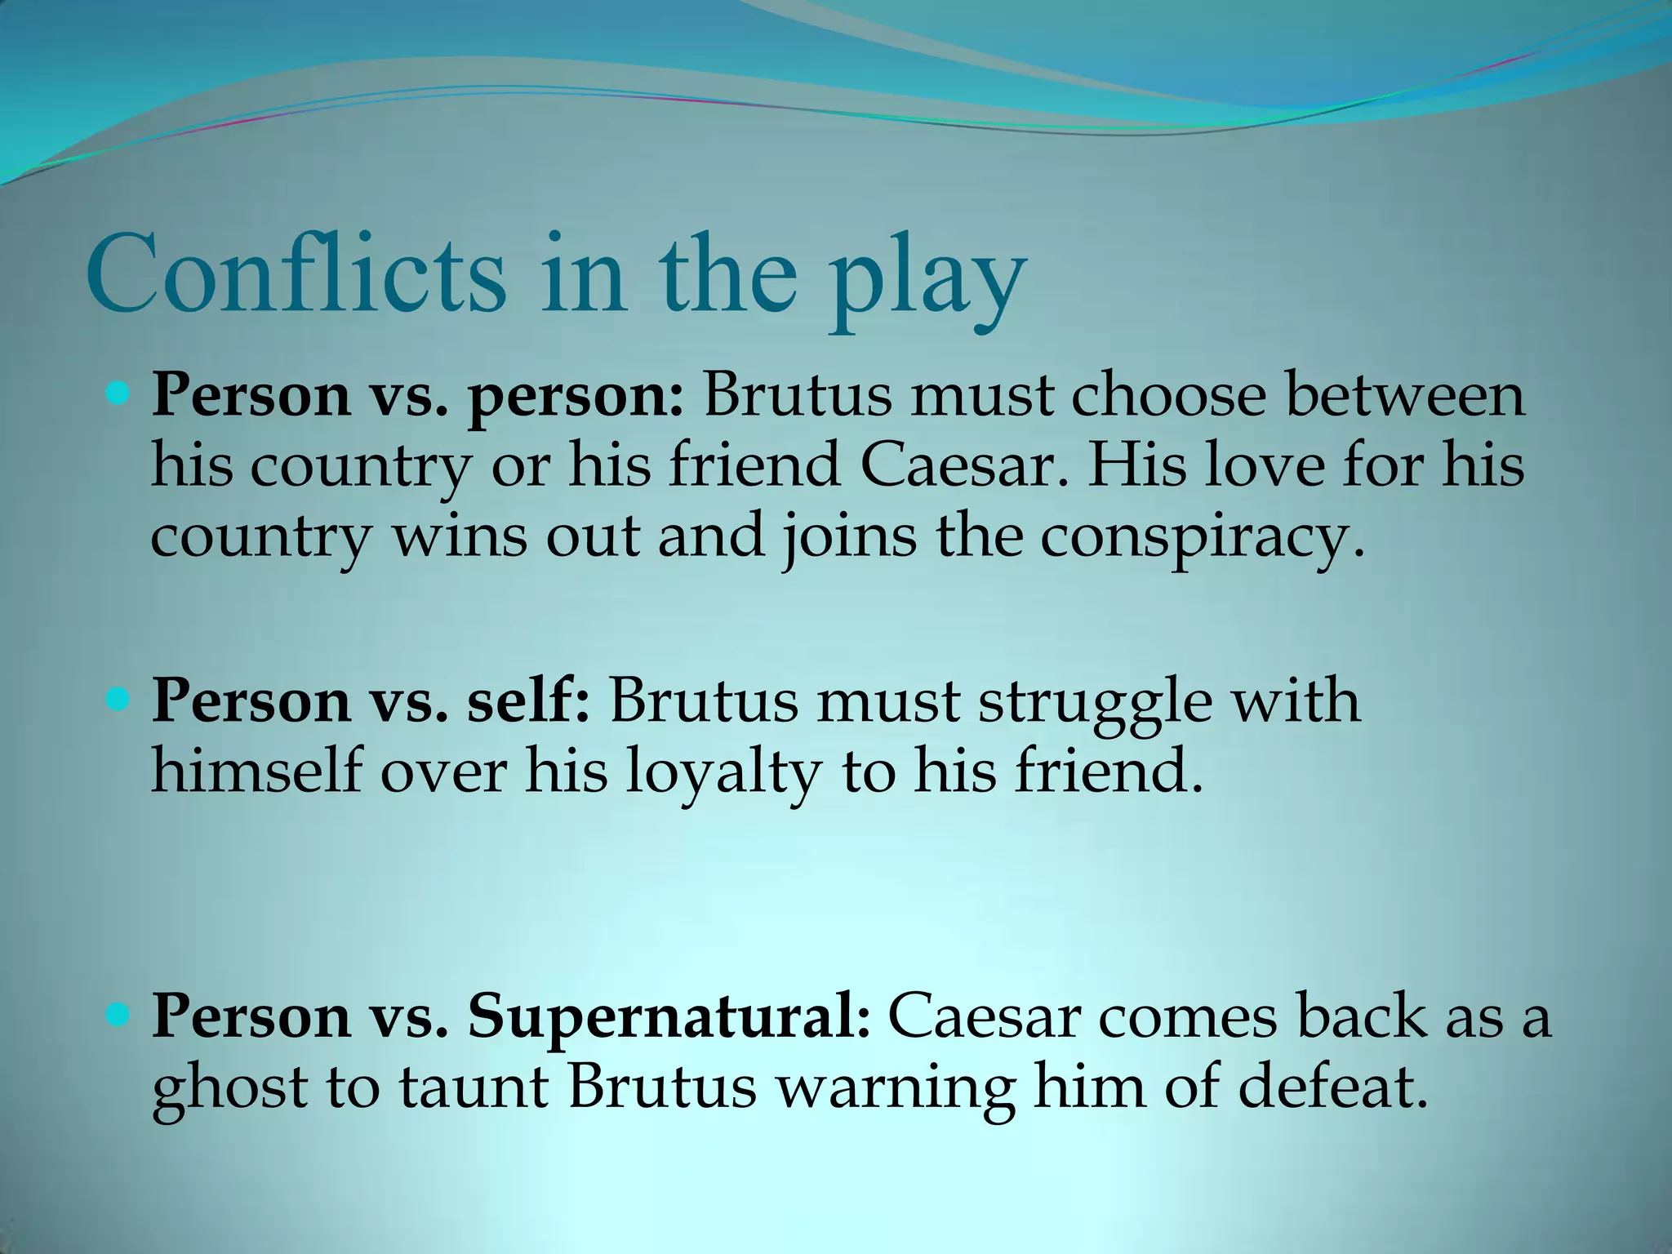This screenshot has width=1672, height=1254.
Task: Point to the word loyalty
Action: coord(723,773)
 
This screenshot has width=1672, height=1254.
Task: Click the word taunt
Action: coord(474,1088)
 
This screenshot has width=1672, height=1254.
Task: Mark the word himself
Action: coord(256,772)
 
